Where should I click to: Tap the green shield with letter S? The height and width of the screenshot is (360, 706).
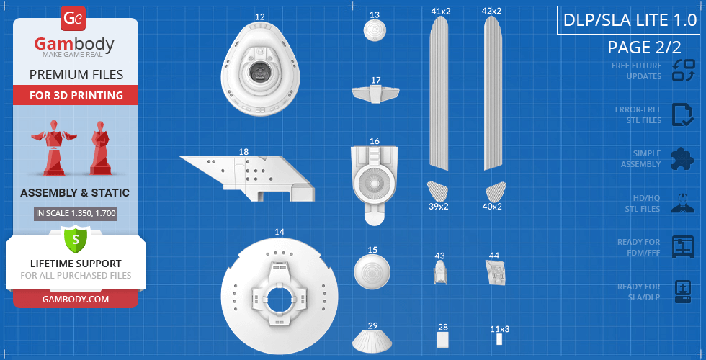(75, 239)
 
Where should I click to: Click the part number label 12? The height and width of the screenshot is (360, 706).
(259, 17)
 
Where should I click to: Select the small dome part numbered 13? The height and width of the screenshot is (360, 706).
(375, 31)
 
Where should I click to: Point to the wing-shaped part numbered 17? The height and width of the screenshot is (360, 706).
(375, 94)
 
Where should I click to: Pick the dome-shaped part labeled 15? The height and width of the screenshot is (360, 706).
(372, 273)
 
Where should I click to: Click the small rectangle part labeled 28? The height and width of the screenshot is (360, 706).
(443, 340)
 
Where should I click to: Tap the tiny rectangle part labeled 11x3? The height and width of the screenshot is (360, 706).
(499, 339)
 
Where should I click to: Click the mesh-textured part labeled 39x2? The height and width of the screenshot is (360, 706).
(437, 191)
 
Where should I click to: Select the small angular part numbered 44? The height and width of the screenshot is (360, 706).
(496, 272)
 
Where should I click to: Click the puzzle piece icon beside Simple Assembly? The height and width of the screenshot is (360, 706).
(683, 159)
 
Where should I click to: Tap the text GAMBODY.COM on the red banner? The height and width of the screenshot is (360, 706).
(76, 300)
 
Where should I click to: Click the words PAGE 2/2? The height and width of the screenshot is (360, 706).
(644, 48)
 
